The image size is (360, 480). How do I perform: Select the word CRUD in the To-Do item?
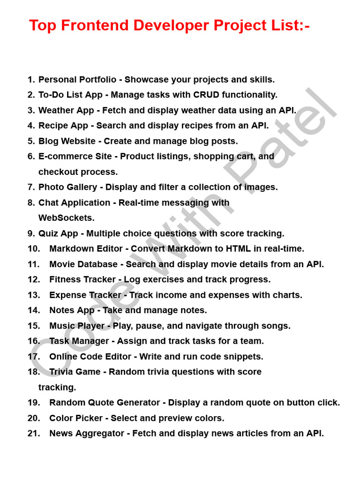pos(206,95)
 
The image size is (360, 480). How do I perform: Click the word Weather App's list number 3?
pos(31,111)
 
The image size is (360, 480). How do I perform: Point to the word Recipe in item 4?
pos(52,126)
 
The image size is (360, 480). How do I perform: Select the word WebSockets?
pos(66,218)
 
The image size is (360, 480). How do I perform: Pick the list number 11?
pos(34,264)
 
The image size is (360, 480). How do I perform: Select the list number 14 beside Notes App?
pos(34,310)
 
